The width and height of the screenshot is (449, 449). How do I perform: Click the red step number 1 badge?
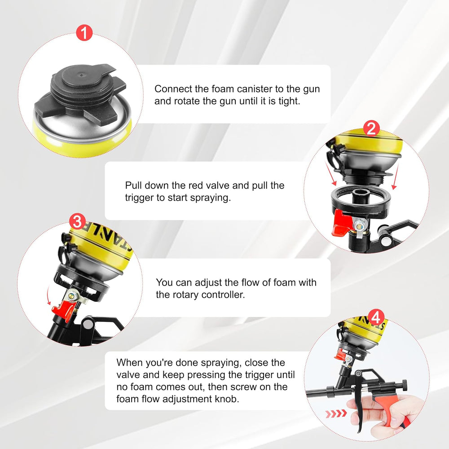(84, 33)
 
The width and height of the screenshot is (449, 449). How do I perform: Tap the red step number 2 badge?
(371, 128)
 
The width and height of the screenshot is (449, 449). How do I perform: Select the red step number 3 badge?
(77, 221)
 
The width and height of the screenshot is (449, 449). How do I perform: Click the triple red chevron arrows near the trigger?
(336, 414)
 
